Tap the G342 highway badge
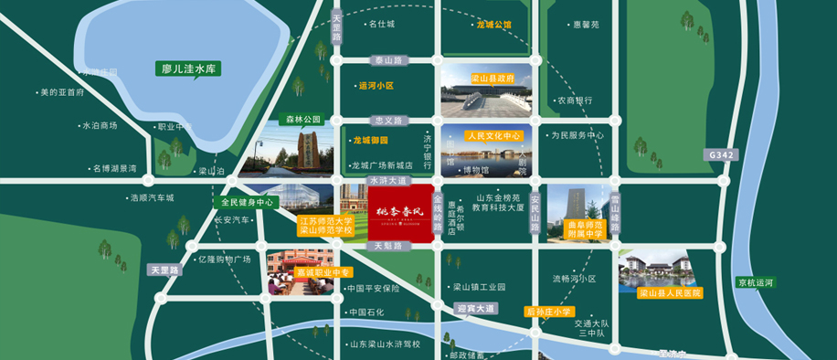(x=721, y=156)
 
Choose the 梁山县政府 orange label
(x=492, y=79)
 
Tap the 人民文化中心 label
(x=493, y=135)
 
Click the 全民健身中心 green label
(x=247, y=202)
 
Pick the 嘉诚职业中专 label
(x=310, y=271)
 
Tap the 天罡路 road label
(x=166, y=270)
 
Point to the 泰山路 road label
(x=388, y=60)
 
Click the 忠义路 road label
(x=388, y=120)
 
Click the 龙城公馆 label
(x=494, y=25)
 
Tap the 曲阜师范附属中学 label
(x=586, y=229)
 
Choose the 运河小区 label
(x=376, y=86)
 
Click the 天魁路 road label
(x=388, y=246)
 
